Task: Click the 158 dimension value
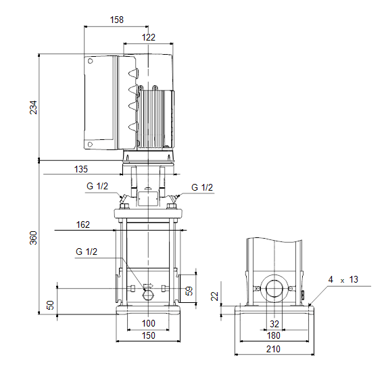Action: [116, 20]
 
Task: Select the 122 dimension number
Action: [149, 37]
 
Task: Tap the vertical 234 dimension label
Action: [33, 108]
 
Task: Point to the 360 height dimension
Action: [33, 238]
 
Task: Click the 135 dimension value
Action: [81, 169]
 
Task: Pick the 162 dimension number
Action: [83, 224]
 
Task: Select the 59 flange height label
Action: [189, 291]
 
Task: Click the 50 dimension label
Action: [50, 305]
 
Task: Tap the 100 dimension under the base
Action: [149, 323]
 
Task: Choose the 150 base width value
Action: [149, 335]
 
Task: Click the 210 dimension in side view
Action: [273, 349]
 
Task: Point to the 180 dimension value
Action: [274, 336]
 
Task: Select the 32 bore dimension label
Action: [274, 324]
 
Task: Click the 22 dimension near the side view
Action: [215, 296]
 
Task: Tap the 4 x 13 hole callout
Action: [343, 280]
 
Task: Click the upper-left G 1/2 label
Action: [97, 186]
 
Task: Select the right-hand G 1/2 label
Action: [202, 187]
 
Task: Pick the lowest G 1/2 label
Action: [87, 252]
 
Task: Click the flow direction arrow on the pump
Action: [149, 286]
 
